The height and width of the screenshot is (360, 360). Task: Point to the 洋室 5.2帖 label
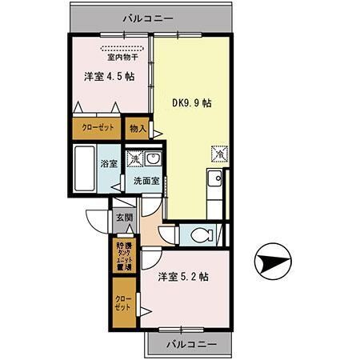(x=183, y=277)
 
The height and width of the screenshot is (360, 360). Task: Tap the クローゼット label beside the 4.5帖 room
(x=97, y=128)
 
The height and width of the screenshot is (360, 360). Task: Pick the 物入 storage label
(x=138, y=128)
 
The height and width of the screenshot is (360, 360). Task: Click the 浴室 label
(x=109, y=163)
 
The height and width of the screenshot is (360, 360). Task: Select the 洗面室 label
(x=146, y=181)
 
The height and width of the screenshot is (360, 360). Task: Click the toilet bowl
(x=202, y=235)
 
